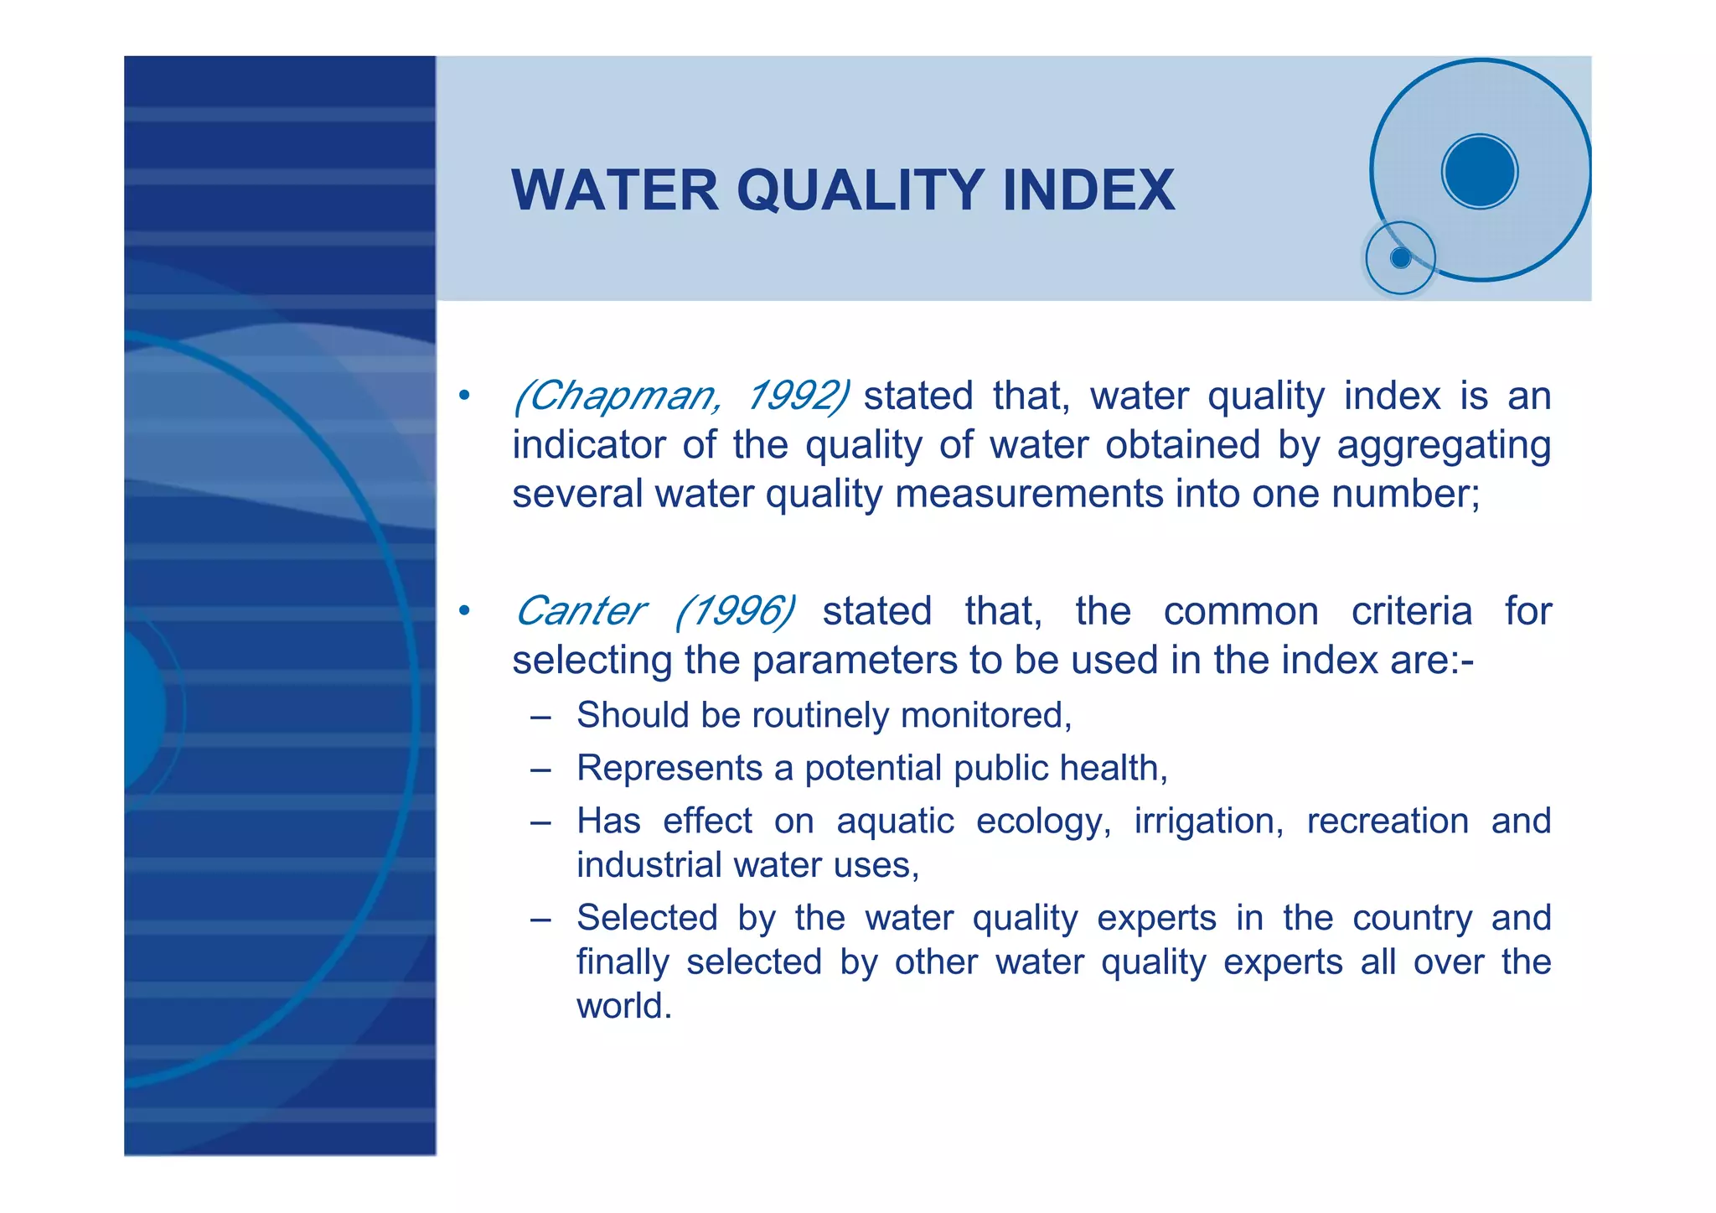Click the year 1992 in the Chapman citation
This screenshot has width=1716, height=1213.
(x=797, y=396)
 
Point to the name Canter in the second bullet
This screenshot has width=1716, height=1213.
(x=580, y=611)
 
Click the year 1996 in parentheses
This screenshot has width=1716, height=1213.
(x=735, y=611)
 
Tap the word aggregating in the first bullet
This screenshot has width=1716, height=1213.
(x=1443, y=446)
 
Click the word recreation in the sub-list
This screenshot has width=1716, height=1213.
(x=1387, y=822)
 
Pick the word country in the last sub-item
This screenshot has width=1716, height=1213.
(x=1412, y=919)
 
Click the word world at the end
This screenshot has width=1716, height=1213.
(x=623, y=1006)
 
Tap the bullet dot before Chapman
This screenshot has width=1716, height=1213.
(x=464, y=396)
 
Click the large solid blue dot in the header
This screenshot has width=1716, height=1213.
(x=1480, y=172)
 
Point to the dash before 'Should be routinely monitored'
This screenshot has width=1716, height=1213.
(x=540, y=718)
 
